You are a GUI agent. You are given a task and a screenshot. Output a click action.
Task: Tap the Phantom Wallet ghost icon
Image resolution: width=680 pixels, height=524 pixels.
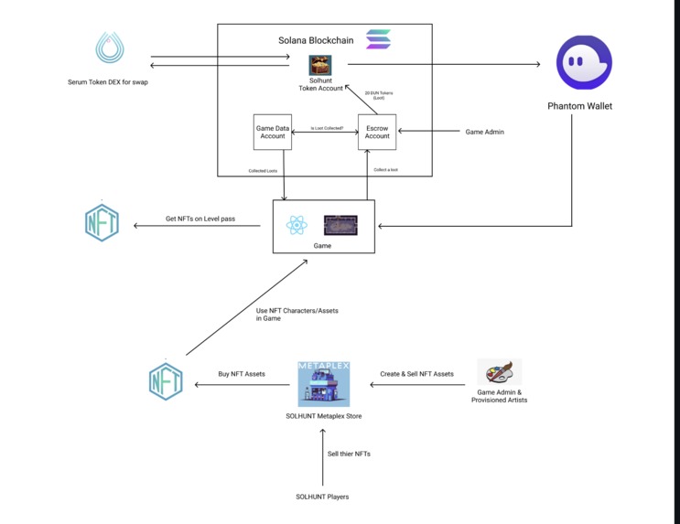coord(584,62)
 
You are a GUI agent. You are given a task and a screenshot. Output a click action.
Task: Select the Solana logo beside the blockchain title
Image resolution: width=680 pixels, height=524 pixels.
coord(378,39)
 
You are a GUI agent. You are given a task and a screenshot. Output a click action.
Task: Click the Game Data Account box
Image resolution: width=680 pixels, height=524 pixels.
coord(272,132)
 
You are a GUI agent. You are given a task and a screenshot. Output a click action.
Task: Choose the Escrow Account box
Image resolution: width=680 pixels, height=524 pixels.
coord(377,132)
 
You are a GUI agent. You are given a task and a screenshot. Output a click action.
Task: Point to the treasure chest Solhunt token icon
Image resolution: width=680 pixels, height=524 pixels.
coord(320,65)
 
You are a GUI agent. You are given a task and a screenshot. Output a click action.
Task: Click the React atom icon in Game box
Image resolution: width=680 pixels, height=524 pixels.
coord(297,225)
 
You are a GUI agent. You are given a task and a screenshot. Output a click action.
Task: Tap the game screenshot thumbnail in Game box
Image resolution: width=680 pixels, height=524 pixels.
coord(340,225)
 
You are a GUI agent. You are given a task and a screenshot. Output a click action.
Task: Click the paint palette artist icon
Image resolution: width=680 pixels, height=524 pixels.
coord(500,372)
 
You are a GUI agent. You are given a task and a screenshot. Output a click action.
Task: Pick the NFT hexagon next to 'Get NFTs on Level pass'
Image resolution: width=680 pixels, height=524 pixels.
coord(102,222)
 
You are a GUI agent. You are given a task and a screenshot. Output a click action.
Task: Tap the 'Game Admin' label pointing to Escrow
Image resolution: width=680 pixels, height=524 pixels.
coord(484,132)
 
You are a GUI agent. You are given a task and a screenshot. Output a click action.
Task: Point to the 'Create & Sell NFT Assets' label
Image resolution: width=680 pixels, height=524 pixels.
coord(416,373)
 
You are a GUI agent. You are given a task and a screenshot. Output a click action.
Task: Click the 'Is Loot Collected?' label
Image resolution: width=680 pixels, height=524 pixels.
coord(327,128)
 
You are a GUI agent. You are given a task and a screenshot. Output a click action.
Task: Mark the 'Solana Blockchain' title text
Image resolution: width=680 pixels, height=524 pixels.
coord(317,40)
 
